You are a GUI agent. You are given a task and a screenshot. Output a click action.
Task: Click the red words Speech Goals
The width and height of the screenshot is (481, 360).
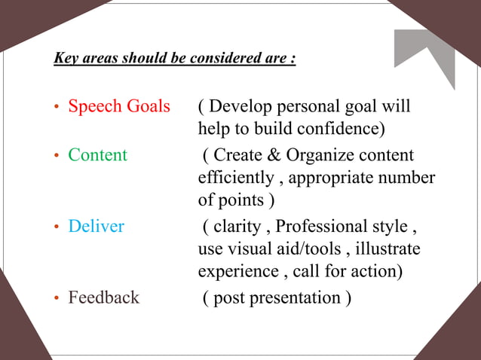coord(119,107)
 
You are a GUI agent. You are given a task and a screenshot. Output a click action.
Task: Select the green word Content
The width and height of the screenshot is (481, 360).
coord(98,156)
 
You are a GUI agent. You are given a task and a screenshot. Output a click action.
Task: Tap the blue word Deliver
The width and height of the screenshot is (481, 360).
coord(97,226)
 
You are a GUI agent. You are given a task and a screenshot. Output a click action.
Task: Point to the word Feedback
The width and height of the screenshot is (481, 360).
coord(104,297)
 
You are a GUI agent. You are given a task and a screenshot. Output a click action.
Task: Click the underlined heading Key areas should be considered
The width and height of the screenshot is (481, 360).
coord(174,58)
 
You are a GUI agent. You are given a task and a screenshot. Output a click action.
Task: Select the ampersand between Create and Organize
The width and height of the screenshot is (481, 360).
coord(273,156)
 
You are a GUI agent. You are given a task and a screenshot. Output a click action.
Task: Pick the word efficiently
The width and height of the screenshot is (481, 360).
coord(236,178)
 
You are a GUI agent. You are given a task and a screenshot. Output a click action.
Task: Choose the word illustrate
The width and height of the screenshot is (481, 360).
coord(388,249)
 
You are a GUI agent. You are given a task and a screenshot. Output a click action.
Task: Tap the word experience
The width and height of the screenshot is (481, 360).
coord(234,272)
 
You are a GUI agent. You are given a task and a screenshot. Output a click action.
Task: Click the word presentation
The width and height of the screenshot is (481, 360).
coord(297,298)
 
